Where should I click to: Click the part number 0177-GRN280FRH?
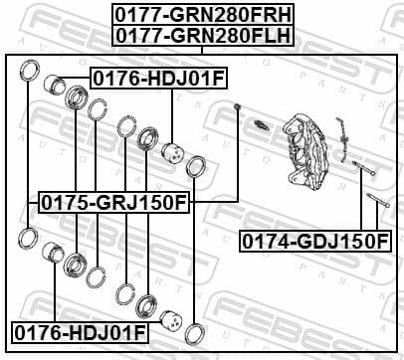201,14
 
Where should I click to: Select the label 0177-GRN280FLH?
201,34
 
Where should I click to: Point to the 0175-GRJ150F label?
112,204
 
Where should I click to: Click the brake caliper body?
305,144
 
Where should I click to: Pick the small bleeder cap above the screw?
239,106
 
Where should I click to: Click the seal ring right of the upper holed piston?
196,165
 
